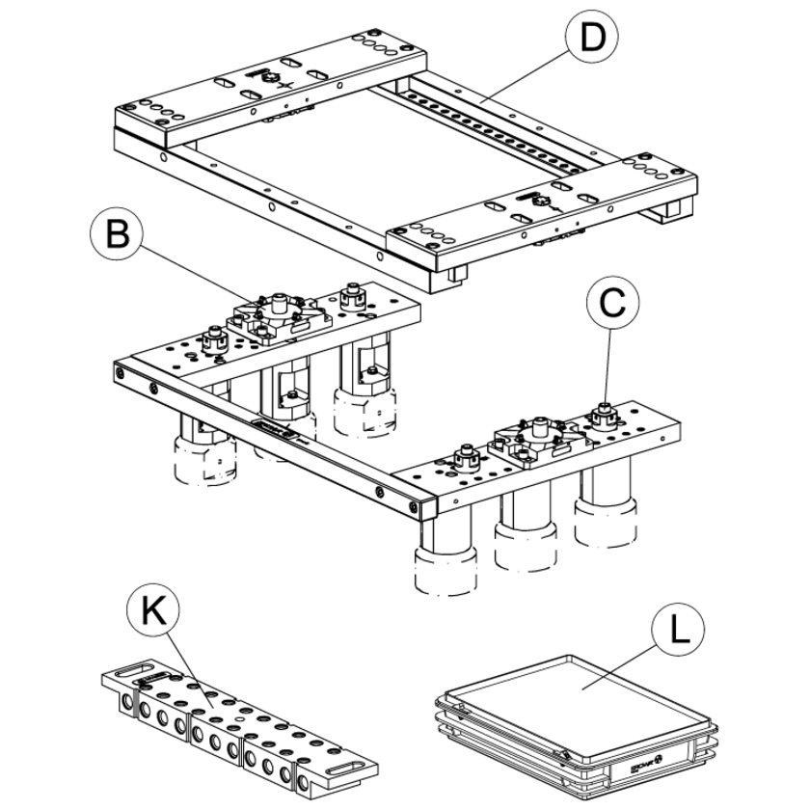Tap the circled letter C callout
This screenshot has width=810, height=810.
612,301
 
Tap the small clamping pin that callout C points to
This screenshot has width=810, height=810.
606,413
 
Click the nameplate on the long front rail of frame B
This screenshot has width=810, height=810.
274,429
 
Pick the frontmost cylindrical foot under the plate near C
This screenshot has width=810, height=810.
445,569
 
